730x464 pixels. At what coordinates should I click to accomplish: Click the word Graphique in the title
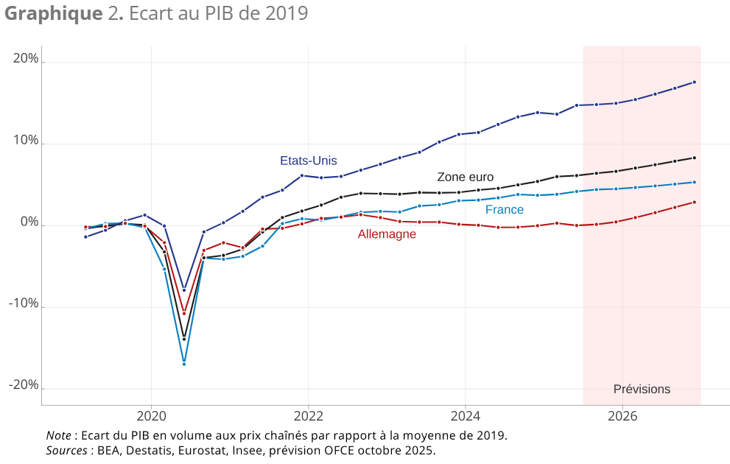pyautogui.click(x=49, y=13)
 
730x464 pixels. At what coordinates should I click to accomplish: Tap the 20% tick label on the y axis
pyautogui.click(x=26, y=59)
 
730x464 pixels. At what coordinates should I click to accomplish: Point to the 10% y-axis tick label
pyautogui.click(x=26, y=141)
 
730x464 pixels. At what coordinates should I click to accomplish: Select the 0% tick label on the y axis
pyautogui.click(x=29, y=222)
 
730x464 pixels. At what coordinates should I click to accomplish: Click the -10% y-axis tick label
pyautogui.click(x=24, y=303)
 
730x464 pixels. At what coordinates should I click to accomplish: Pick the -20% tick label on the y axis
pyautogui.click(x=24, y=384)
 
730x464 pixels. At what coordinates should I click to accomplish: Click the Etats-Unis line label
pyautogui.click(x=308, y=161)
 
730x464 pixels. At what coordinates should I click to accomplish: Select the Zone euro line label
pyautogui.click(x=465, y=177)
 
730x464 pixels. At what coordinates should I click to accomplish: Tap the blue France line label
pyautogui.click(x=505, y=210)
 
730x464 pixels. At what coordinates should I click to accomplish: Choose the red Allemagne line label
pyautogui.click(x=387, y=234)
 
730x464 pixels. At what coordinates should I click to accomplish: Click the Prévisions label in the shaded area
pyautogui.click(x=642, y=390)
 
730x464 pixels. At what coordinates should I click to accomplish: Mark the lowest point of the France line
pyautogui.click(x=184, y=364)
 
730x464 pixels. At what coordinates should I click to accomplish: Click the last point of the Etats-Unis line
pyautogui.click(x=695, y=82)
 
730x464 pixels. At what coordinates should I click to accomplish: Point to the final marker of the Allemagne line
pyautogui.click(x=695, y=202)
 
